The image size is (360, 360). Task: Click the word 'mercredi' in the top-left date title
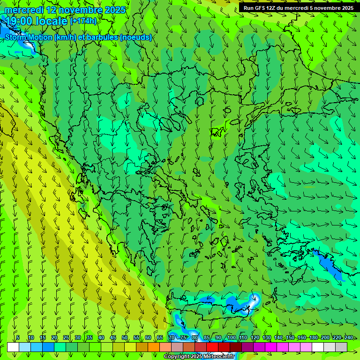23,10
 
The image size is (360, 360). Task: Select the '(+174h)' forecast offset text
83,21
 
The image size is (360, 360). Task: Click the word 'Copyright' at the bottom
177,357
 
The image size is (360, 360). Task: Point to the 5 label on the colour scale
18,337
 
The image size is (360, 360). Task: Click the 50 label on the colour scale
125,337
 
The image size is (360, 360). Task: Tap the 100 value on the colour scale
231,337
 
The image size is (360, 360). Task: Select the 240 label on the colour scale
348,337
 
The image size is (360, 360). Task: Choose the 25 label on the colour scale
66,337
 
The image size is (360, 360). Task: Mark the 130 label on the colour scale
266,337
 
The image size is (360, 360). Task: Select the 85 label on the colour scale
207,337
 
